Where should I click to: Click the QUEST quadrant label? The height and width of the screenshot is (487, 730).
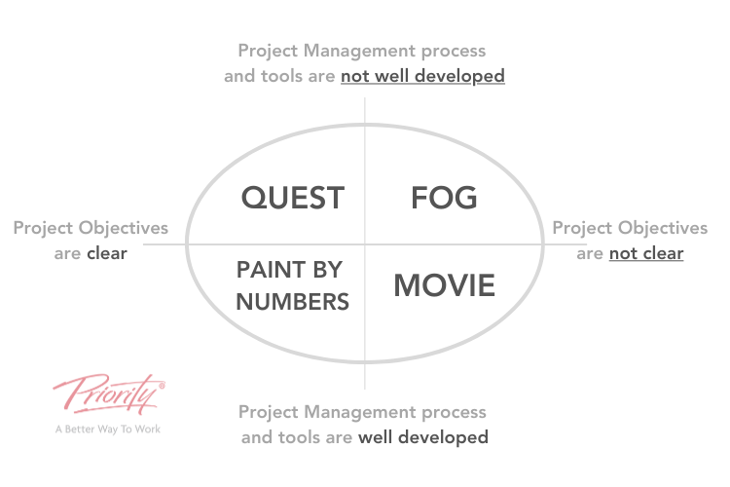coord(293,198)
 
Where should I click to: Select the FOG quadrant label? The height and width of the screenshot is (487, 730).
coord(444,198)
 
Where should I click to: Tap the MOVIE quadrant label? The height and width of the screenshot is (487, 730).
coord(445,285)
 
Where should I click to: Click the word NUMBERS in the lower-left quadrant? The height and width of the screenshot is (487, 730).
coord(293,302)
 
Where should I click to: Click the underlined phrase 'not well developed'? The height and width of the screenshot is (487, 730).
coord(422,76)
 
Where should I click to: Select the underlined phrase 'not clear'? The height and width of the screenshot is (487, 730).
coord(646,253)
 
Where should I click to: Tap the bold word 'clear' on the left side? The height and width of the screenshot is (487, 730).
coord(107,253)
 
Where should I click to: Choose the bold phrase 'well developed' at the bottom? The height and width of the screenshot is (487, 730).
coord(423,437)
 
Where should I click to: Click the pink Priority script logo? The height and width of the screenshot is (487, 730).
coord(108,393)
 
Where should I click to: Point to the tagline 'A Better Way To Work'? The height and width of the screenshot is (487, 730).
coord(108,430)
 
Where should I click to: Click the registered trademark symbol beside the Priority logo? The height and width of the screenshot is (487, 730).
coord(162,386)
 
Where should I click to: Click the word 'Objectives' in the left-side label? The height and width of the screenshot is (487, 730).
coord(124,228)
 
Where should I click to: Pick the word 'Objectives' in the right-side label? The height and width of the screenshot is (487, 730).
coord(663,228)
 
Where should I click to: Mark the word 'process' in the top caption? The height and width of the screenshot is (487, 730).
coord(454,52)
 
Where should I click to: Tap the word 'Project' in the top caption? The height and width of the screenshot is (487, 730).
coord(269,52)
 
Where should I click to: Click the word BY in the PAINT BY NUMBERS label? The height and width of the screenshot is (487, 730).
coord(327,270)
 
